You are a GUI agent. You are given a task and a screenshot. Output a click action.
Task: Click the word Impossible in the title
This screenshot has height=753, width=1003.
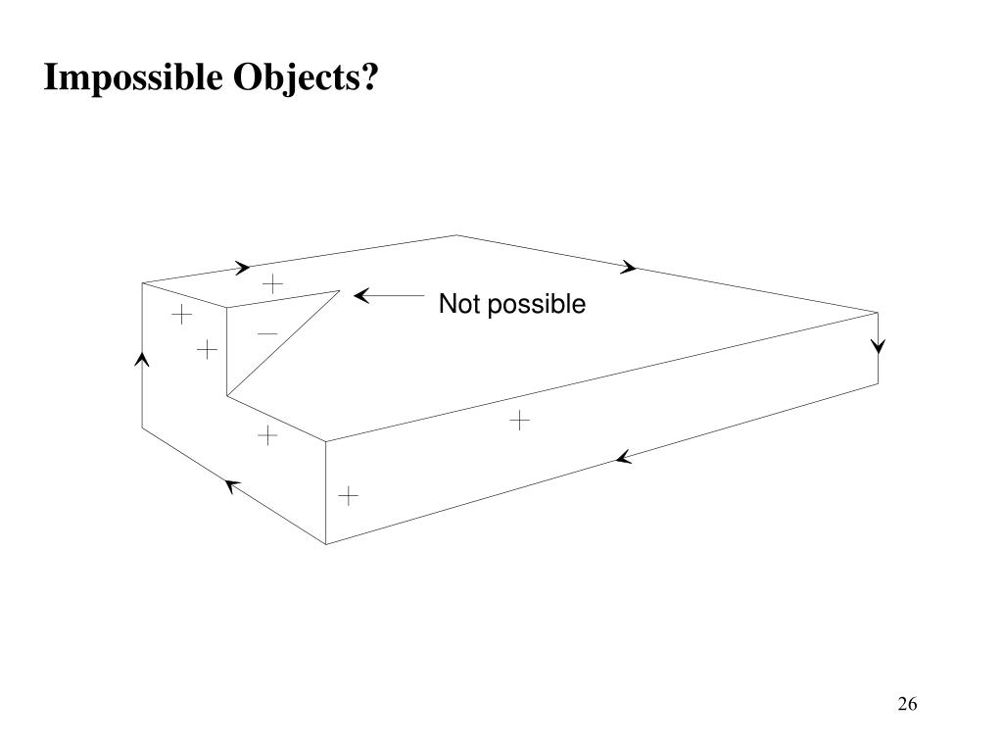(132, 78)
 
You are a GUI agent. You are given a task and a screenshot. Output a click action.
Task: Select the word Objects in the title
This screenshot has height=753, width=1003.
(293, 78)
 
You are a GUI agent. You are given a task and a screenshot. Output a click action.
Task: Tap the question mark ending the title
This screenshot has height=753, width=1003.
(370, 78)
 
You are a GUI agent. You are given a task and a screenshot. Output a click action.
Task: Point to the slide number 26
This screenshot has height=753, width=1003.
(906, 704)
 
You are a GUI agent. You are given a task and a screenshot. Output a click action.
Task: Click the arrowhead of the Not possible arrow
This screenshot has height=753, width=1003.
(360, 296)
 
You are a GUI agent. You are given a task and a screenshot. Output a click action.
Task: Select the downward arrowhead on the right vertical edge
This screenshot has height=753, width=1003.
(878, 345)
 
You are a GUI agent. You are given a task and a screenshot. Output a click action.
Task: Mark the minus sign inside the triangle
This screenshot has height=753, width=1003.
(266, 334)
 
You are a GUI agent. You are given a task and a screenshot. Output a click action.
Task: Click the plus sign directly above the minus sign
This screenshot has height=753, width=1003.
(272, 284)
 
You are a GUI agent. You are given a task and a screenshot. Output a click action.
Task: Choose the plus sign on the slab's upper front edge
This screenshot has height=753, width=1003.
(519, 421)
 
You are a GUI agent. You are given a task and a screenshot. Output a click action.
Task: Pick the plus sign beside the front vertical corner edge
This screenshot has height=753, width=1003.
(349, 496)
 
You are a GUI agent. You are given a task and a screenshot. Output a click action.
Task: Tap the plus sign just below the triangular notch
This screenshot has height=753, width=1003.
(267, 434)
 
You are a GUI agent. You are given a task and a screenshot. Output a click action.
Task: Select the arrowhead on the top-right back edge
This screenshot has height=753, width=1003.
(630, 267)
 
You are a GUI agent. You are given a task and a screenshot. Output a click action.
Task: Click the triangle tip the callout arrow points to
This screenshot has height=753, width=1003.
(340, 290)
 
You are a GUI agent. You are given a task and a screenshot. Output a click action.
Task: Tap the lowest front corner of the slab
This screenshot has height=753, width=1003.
(326, 543)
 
